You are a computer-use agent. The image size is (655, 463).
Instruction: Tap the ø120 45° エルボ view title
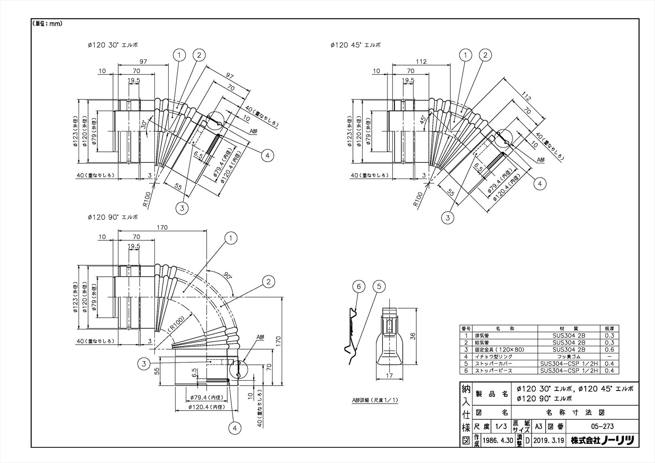pyautogui.click(x=355, y=45)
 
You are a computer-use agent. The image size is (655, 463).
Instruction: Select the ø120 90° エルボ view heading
pyautogui.click(x=113, y=217)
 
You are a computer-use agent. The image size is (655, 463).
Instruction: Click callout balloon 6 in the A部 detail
pyautogui.click(x=359, y=287)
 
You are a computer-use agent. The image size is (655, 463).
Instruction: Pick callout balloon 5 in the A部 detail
pyautogui.click(x=379, y=287)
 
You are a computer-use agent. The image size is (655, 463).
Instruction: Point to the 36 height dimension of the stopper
pyautogui.click(x=413, y=336)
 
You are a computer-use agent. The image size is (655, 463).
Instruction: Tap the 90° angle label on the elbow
pyautogui.click(x=228, y=276)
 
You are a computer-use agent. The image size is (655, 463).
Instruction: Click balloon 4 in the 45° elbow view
pyautogui.click(x=540, y=184)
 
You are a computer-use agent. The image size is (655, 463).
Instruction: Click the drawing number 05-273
pyautogui.click(x=603, y=427)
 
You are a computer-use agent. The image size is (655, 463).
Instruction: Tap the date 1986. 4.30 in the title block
pyautogui.click(x=498, y=441)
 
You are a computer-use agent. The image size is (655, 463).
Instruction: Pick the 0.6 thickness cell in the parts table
pyautogui.click(x=609, y=350)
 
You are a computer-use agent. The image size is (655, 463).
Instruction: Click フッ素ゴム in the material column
pyautogui.click(x=569, y=357)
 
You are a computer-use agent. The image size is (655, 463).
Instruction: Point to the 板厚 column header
pyautogui.click(x=609, y=328)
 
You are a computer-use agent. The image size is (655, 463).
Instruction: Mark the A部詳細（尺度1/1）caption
pyautogui.click(x=375, y=400)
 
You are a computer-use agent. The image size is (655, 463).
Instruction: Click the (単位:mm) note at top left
pyautogui.click(x=47, y=24)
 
